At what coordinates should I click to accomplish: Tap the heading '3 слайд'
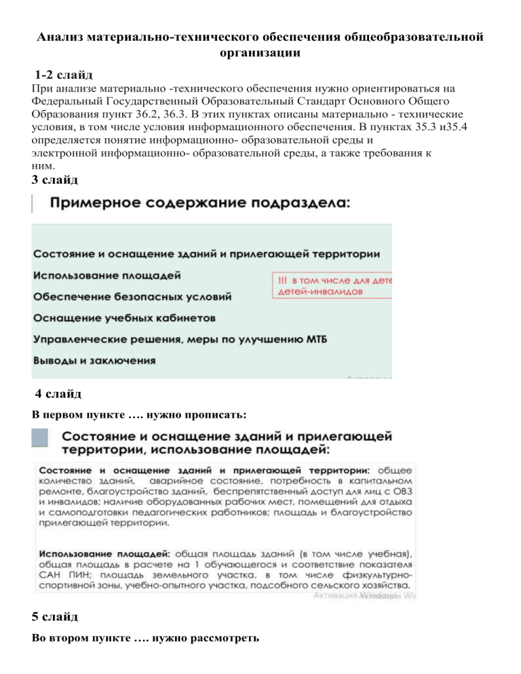54,180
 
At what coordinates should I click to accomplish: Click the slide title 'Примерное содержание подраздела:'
201,203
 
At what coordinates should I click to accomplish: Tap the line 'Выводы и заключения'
91,360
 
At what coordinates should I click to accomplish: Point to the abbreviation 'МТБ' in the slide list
313,338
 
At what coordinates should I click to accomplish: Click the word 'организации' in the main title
260,52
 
